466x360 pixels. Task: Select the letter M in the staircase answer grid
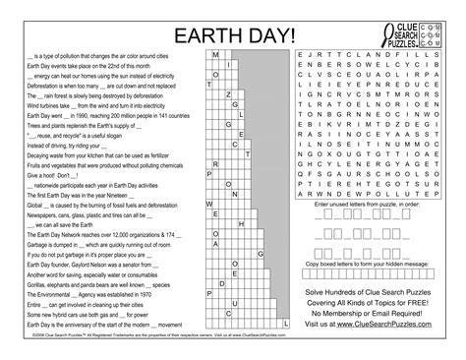point(215,58)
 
